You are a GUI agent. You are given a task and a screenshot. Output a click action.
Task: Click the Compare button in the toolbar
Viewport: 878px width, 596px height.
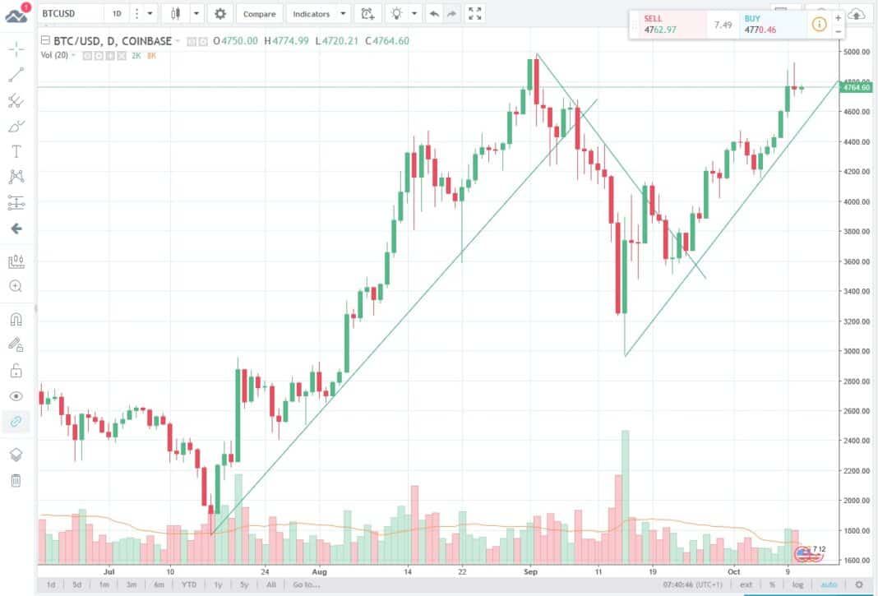[x=259, y=14]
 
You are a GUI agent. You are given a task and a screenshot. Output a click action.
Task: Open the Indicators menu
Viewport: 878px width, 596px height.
[x=312, y=14]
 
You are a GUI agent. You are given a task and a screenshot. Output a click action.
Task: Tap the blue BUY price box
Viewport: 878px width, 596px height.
[x=769, y=24]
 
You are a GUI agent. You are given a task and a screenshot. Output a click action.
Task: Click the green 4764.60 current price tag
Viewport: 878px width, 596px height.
[x=857, y=87]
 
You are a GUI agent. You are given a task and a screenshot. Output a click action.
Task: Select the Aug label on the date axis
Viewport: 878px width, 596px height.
[x=320, y=570]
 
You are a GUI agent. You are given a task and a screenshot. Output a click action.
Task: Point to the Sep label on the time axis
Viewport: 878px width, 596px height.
[x=530, y=570]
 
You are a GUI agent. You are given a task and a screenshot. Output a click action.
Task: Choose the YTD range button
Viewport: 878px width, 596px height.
[x=189, y=584]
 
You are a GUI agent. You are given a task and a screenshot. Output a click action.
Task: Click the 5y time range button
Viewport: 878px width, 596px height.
[x=244, y=584]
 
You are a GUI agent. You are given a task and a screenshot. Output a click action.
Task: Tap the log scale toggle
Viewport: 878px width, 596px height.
[x=797, y=584]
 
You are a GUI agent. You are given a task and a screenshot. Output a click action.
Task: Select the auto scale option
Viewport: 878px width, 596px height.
[x=828, y=584]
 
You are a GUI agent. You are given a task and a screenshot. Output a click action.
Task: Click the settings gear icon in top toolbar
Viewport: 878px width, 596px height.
[x=219, y=14]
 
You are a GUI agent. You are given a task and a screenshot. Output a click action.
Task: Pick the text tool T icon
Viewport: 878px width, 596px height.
[x=16, y=151]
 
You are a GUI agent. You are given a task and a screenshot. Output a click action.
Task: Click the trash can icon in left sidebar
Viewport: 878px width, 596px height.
[x=16, y=481]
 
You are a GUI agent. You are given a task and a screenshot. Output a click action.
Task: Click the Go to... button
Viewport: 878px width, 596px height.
[x=305, y=584]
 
